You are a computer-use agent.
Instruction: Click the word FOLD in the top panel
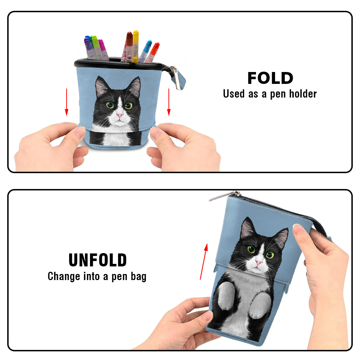[270, 78]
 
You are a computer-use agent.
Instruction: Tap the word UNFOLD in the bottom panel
[98, 260]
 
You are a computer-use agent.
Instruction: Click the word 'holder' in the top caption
[303, 94]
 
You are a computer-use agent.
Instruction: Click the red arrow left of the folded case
[67, 102]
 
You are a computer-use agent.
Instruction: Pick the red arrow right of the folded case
[169, 102]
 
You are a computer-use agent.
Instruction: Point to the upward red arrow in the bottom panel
[204, 261]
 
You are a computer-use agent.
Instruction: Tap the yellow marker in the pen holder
[135, 46]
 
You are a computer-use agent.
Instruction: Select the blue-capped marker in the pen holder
[145, 51]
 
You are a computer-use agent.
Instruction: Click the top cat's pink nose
[120, 115]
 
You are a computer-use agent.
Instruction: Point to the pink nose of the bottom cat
[258, 262]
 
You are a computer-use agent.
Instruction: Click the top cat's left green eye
[110, 105]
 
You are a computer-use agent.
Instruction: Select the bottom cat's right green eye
[270, 255]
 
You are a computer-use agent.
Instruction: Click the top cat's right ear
[134, 86]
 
